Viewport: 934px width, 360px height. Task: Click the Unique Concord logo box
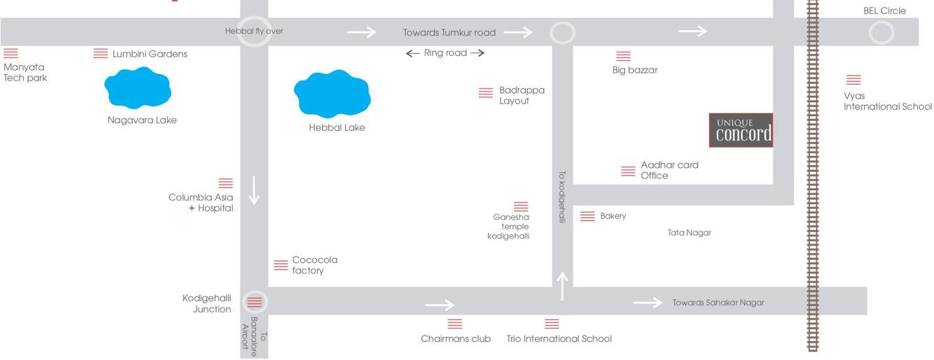coord(741,130)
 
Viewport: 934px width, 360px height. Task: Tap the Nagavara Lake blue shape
coord(138,88)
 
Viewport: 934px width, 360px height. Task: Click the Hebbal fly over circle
coord(254,31)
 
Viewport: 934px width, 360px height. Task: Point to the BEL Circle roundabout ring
coord(881,33)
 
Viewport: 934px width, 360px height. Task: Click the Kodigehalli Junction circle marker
coord(254,302)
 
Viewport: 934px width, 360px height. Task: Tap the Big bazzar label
coord(635,70)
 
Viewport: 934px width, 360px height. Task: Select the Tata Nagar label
coord(689,233)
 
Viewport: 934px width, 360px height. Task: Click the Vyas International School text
coord(887,101)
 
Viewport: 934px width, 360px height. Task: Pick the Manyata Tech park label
coord(25,73)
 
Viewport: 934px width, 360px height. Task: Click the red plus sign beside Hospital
coord(192,208)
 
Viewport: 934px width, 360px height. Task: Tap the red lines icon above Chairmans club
coord(454,324)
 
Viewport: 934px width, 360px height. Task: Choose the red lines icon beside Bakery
coord(587,217)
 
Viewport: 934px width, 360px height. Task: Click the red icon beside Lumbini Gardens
coord(101,54)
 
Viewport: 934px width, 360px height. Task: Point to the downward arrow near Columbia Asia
coord(254,190)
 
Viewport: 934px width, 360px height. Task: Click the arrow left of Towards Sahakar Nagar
coord(647,302)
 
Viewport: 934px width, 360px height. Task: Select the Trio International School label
coord(559,339)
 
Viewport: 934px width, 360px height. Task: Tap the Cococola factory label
coord(315,265)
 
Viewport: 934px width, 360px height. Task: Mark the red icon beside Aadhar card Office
coord(628,171)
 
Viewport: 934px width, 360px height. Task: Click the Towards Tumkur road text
coord(449,32)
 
